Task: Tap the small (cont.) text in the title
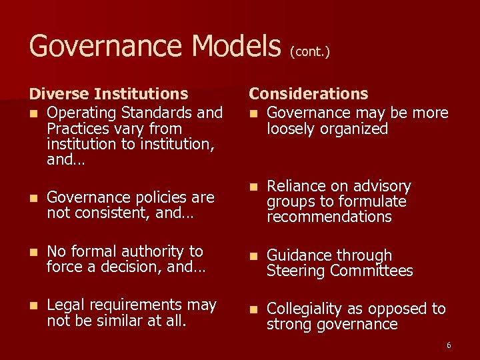[x=309, y=51]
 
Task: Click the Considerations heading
[x=308, y=94]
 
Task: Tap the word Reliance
[x=296, y=186]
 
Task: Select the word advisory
[x=379, y=186]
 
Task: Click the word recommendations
[x=329, y=217]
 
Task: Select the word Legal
[x=66, y=305]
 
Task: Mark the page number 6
[x=449, y=345]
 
